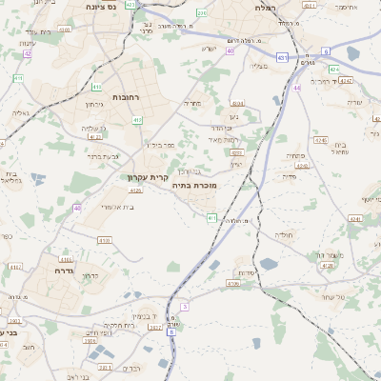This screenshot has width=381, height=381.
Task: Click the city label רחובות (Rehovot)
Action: (x=125, y=97)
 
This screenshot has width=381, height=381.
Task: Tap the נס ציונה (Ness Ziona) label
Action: (x=100, y=8)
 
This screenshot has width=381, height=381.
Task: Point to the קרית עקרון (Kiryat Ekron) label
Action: (x=146, y=177)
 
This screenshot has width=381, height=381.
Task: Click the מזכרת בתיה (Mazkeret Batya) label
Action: (x=193, y=186)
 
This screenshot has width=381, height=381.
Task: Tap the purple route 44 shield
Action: (x=297, y=88)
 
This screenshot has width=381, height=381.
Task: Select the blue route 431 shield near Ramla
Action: (x=283, y=58)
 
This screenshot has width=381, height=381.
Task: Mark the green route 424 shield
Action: (x=333, y=70)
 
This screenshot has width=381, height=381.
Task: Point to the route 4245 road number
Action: (x=320, y=140)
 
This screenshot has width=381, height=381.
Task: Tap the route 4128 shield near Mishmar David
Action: (x=328, y=266)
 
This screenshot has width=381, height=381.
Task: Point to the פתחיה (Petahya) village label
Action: (x=296, y=155)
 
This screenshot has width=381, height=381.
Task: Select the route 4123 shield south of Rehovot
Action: (x=94, y=136)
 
